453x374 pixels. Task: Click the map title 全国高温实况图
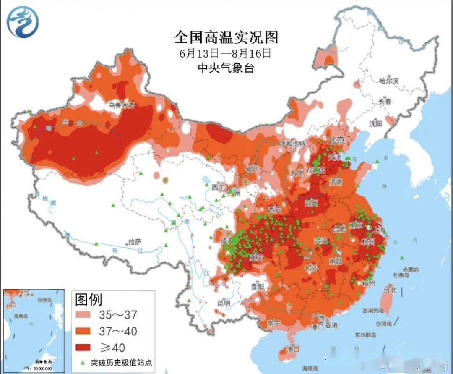pyautogui.click(x=226, y=37)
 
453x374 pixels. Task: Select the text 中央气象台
pyautogui.click(x=226, y=68)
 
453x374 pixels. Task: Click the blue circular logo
pyautogui.click(x=23, y=21)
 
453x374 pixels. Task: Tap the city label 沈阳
pyautogui.click(x=375, y=123)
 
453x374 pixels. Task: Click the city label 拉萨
pyautogui.click(x=135, y=242)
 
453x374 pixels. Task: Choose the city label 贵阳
pyautogui.click(x=257, y=287)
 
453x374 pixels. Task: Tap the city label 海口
pyautogui.click(x=294, y=349)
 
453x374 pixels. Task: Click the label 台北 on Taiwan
pyautogui.click(x=390, y=290)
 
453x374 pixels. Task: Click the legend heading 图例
pyautogui.click(x=89, y=300)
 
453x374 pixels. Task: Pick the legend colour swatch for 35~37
pyautogui.click(x=85, y=315)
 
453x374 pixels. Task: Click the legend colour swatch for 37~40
pyautogui.click(x=85, y=331)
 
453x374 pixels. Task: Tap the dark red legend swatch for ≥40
pyautogui.click(x=85, y=347)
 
